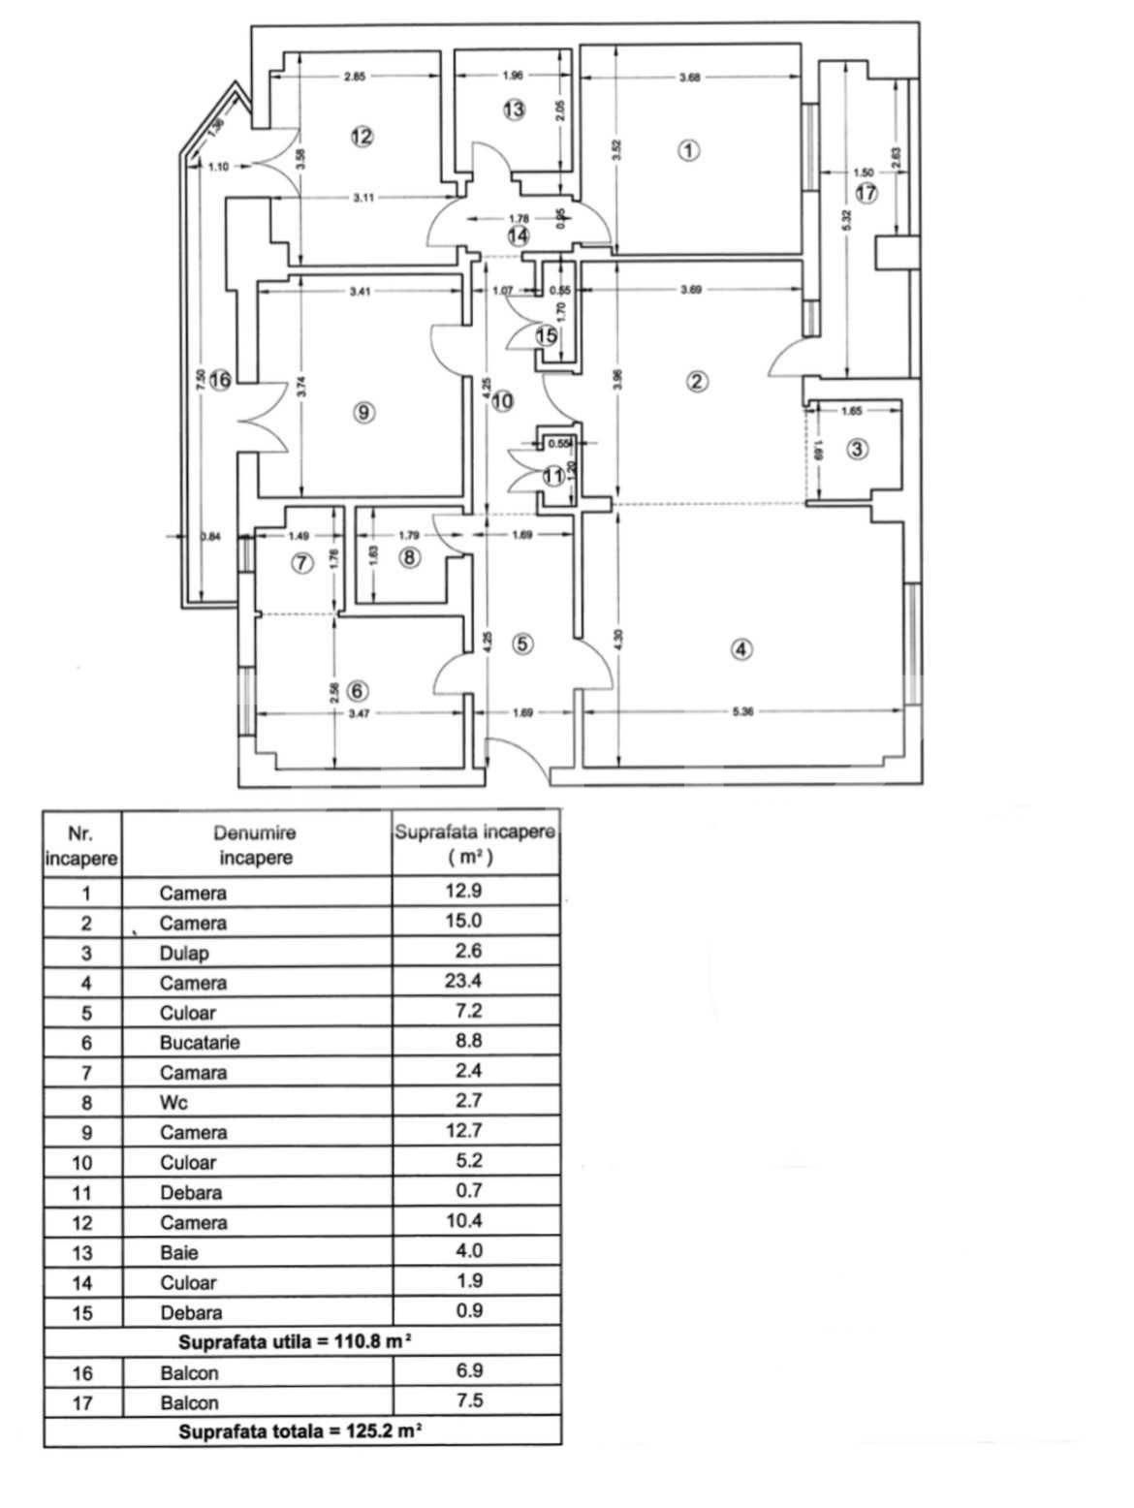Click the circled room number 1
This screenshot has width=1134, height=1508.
click(x=688, y=150)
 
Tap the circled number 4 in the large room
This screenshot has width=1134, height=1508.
click(x=740, y=649)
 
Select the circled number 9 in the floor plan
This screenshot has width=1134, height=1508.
click(x=363, y=413)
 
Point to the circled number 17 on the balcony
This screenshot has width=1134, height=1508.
click(x=866, y=193)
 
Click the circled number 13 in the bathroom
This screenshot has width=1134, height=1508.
click(x=514, y=110)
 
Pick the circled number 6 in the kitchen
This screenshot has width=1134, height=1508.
click(x=358, y=691)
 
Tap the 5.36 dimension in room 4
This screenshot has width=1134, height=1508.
click(x=742, y=712)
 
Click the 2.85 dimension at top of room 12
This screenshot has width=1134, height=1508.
click(x=355, y=78)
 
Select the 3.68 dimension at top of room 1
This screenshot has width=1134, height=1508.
click(x=689, y=78)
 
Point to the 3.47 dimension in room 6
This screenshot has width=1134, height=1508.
click(x=359, y=713)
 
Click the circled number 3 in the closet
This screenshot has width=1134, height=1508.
click(x=857, y=449)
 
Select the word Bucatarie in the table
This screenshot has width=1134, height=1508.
click(x=200, y=1043)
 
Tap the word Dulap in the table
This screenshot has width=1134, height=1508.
click(x=184, y=953)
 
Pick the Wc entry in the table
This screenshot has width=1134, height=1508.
click(x=174, y=1103)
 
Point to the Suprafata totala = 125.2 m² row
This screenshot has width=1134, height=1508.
click(x=299, y=1431)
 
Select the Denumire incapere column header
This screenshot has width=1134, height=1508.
click(x=255, y=844)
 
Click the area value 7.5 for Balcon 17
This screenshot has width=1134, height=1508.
click(x=469, y=1400)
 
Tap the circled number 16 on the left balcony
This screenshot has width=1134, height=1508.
click(x=220, y=380)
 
